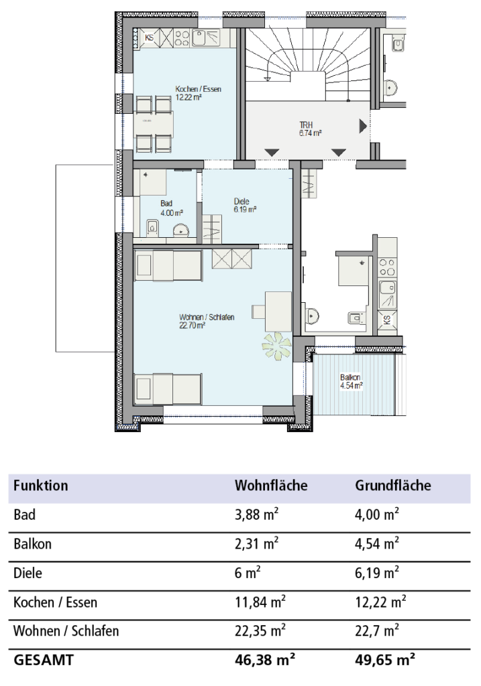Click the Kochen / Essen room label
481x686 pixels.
[x=198, y=92]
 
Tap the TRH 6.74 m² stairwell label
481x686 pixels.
[x=311, y=129]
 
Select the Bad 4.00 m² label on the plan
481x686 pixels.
[x=171, y=208]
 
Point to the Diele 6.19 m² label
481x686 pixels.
[x=245, y=205]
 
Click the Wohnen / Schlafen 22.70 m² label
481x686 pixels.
[x=207, y=321]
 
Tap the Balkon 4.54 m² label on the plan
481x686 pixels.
[x=352, y=381]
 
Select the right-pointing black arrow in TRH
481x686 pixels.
[x=363, y=126]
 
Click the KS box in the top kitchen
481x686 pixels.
[x=150, y=38]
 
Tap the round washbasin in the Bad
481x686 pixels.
[x=180, y=231]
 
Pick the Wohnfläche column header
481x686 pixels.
[x=271, y=485]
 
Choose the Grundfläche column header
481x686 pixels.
[x=393, y=485]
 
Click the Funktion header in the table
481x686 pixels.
[x=41, y=485]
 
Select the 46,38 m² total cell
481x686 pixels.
[x=264, y=659]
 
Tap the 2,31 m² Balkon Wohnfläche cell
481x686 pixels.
[x=257, y=543]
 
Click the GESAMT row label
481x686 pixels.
[x=44, y=660]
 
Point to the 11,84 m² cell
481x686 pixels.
[x=260, y=602]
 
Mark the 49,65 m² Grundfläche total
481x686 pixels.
[x=384, y=659]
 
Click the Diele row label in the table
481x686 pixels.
[x=28, y=573]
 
